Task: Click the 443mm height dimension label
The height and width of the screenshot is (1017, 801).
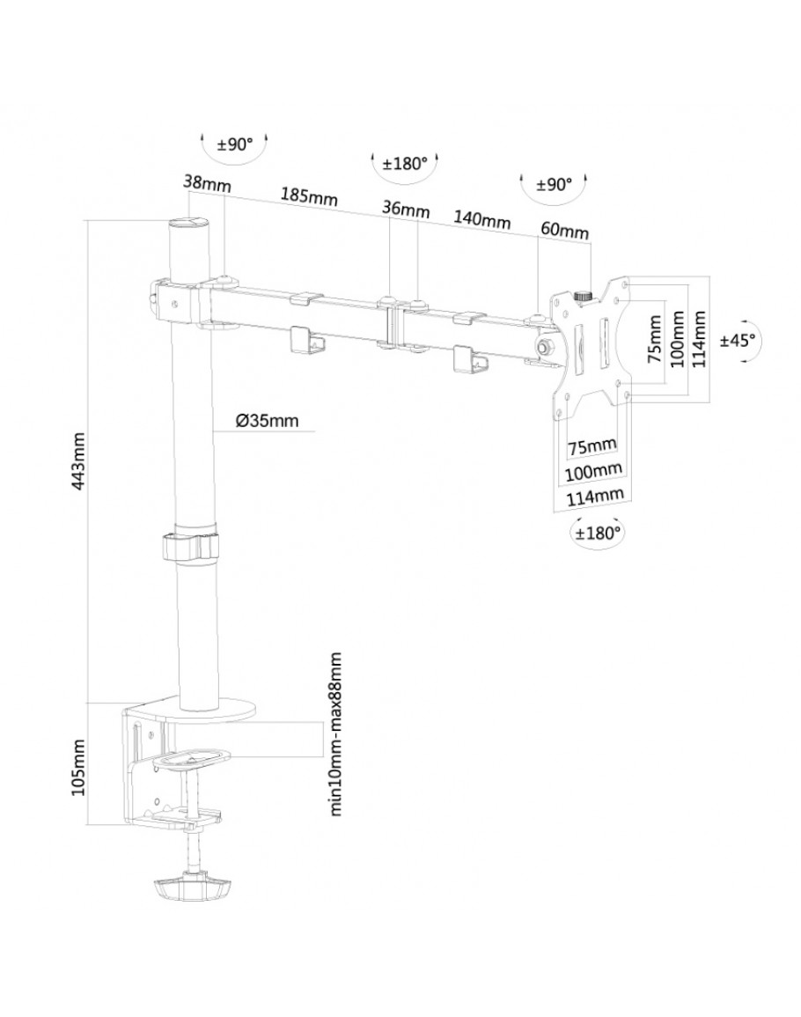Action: pos(78,462)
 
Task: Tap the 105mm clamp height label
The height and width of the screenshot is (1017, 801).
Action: pos(78,764)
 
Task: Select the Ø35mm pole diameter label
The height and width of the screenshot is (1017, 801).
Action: pos(268,420)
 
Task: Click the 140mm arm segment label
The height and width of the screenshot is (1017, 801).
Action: pos(482,220)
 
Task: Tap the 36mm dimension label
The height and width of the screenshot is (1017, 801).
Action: pos(406,210)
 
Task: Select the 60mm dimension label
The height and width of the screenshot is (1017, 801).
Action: pos(564,231)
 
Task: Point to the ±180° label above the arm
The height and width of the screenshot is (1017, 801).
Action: pos(405,164)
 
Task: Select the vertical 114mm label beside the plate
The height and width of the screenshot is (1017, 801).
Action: pos(700,339)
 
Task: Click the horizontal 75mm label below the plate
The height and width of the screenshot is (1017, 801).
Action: pos(592,446)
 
